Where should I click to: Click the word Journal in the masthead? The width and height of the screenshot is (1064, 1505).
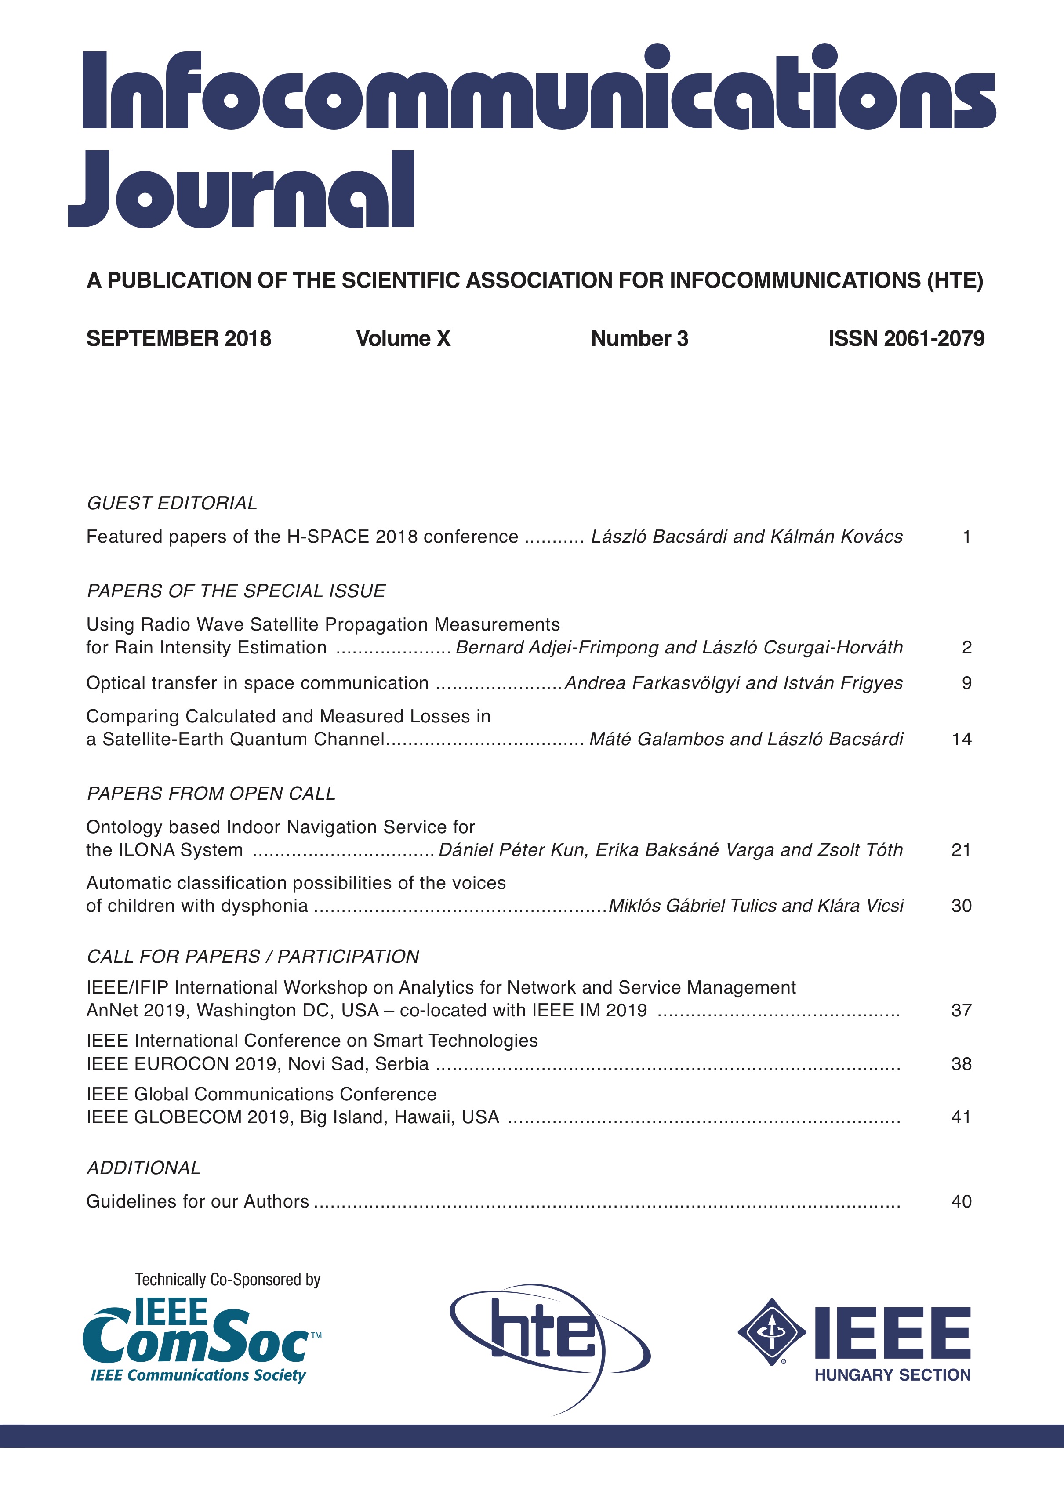click(x=241, y=190)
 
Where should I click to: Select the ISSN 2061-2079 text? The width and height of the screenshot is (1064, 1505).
click(x=906, y=338)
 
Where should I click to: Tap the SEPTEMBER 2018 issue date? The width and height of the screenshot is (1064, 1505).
click(x=178, y=338)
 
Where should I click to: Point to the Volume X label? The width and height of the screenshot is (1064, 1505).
click(x=403, y=338)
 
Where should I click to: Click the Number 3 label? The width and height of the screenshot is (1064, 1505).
click(x=639, y=338)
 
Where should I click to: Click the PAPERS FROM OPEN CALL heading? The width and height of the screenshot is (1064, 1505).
click(x=211, y=793)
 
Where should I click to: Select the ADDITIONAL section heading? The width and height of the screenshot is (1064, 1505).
click(x=144, y=1168)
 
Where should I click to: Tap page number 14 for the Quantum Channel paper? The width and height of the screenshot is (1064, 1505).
click(x=961, y=740)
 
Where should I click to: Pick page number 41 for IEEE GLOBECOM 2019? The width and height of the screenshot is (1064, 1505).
click(x=961, y=1117)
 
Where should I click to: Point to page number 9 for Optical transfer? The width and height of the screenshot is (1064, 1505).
click(x=966, y=683)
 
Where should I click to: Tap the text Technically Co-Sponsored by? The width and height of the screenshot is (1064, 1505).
click(x=228, y=1280)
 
